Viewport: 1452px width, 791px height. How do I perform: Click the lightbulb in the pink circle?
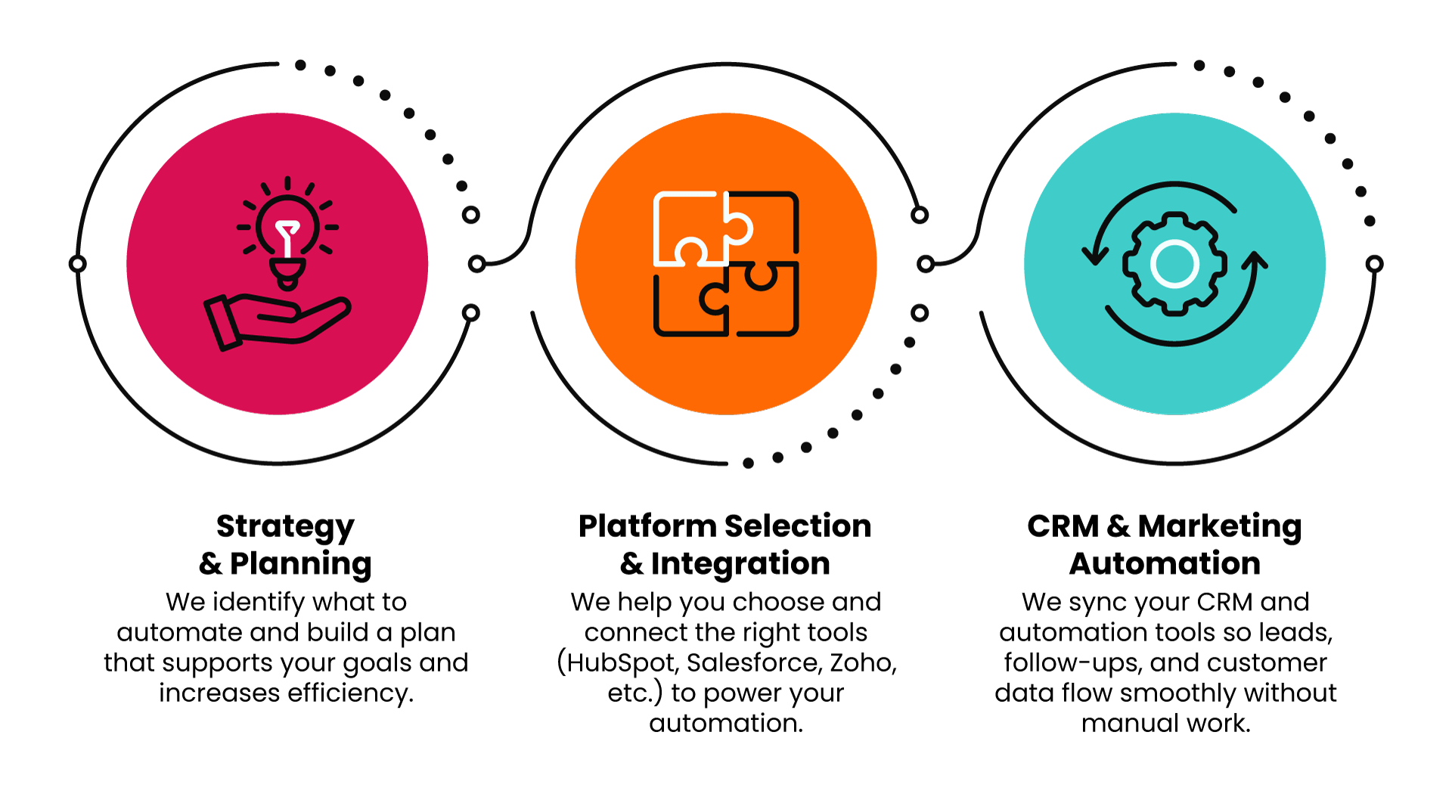click(287, 234)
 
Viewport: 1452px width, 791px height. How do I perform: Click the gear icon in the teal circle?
click(1174, 263)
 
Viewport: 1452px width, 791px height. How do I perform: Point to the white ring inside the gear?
click(1174, 264)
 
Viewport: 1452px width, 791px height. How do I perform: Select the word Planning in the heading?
click(300, 564)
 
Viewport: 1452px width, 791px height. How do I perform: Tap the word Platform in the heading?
click(647, 526)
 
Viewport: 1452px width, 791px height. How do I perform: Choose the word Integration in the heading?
click(740, 564)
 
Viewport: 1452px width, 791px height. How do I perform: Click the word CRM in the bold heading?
click(1063, 526)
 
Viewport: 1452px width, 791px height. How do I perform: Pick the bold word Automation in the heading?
click(1165, 564)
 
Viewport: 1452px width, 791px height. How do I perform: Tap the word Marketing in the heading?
click(1219, 526)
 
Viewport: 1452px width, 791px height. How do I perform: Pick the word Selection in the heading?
click(798, 526)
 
